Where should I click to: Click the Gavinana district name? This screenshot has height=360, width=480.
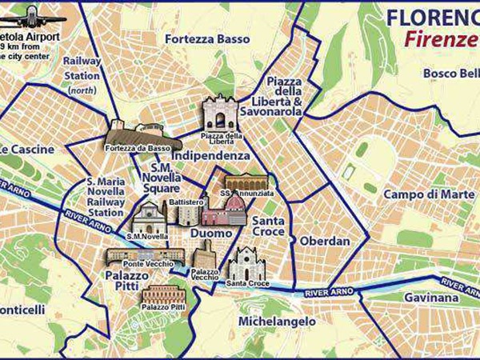point(430,298)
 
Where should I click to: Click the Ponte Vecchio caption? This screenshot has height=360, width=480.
point(144,264)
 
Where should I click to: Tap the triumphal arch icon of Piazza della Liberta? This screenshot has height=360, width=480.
point(220,112)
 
